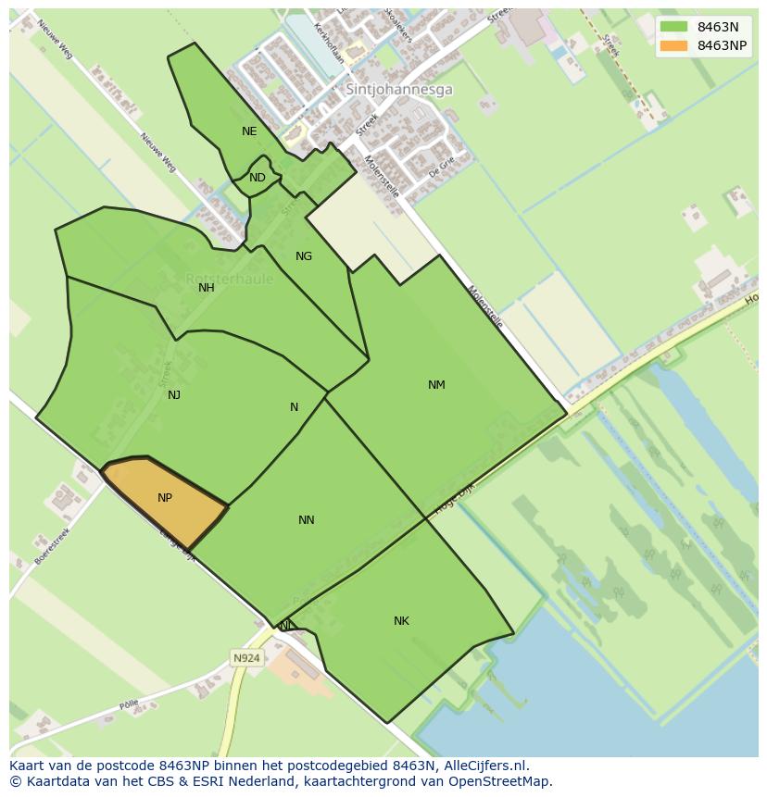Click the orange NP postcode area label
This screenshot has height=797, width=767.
pyautogui.click(x=165, y=498)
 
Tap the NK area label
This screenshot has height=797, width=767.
pyautogui.click(x=401, y=621)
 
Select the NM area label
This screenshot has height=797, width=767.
pyautogui.click(x=436, y=385)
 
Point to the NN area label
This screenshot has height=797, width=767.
pyautogui.click(x=307, y=520)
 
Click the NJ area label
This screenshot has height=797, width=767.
pyautogui.click(x=174, y=395)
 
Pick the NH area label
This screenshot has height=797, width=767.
pyautogui.click(x=207, y=288)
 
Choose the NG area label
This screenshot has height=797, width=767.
pyautogui.click(x=304, y=256)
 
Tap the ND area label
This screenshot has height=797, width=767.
pyautogui.click(x=258, y=178)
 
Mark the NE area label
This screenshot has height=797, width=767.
pyautogui.click(x=249, y=131)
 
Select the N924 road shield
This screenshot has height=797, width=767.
pyautogui.click(x=246, y=658)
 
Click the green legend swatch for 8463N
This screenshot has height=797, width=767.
pyautogui.click(x=674, y=27)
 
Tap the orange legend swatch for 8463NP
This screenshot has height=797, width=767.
pyautogui.click(x=674, y=45)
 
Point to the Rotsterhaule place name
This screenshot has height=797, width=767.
pyautogui.click(x=229, y=279)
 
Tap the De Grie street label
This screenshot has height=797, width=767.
pyautogui.click(x=442, y=167)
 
